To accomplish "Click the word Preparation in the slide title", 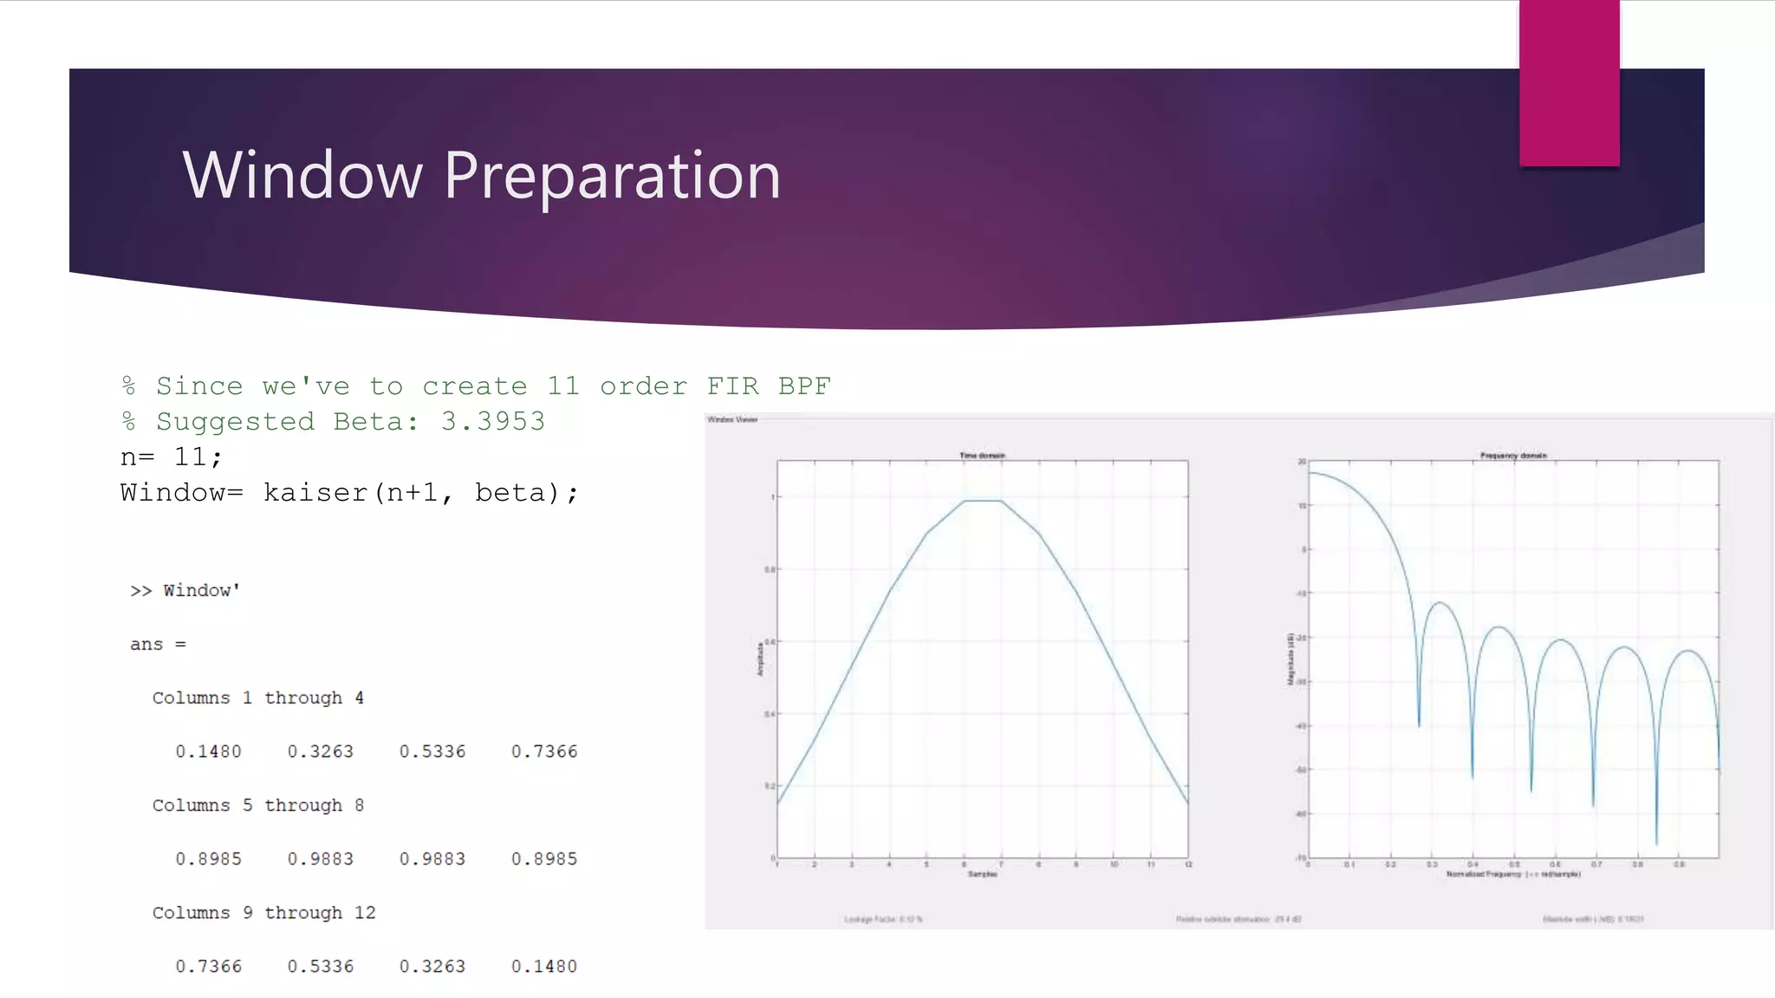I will pyautogui.click(x=612, y=175).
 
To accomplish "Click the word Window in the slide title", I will pyautogui.click(x=302, y=175).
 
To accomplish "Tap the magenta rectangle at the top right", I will pyautogui.click(x=1569, y=83).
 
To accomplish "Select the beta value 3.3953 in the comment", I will pyautogui.click(x=492, y=421).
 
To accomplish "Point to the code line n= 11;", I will pyautogui.click(x=172, y=457).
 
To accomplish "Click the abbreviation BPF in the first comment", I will pyautogui.click(x=803, y=386).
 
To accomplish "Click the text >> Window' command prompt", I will pyautogui.click(x=185, y=590).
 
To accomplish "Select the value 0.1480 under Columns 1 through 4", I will pyautogui.click(x=208, y=751).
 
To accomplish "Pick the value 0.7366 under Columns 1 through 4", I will pyautogui.click(x=543, y=751).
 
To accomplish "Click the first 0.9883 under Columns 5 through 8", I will pyautogui.click(x=320, y=859).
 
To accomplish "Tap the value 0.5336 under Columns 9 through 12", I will pyautogui.click(x=320, y=966).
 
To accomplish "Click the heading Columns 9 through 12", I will pyautogui.click(x=263, y=912).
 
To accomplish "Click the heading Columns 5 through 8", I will pyautogui.click(x=257, y=805).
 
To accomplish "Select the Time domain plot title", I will pyautogui.click(x=982, y=455).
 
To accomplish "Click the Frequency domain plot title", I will pyautogui.click(x=1513, y=455).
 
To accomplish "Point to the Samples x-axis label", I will pyautogui.click(x=982, y=874).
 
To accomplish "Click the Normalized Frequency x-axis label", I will pyautogui.click(x=1512, y=874).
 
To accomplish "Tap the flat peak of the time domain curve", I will pyautogui.click(x=983, y=501).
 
